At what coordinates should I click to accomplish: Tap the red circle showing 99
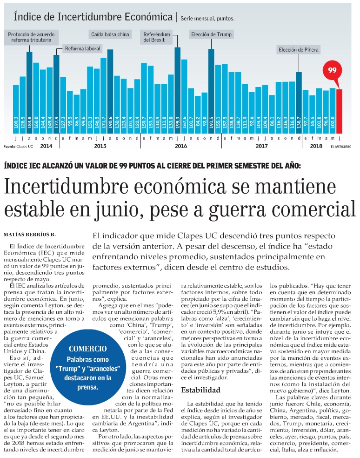click(x=332, y=70)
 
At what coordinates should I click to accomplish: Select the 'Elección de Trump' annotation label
click(x=211, y=35)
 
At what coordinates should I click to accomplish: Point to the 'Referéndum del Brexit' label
click(x=157, y=37)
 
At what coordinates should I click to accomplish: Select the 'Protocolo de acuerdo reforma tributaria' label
click(x=32, y=38)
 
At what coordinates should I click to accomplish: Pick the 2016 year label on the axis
click(x=180, y=146)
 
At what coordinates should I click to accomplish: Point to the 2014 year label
click(x=46, y=146)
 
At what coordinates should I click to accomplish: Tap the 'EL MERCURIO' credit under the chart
click(x=341, y=147)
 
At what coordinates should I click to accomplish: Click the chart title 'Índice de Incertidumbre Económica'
click(x=93, y=17)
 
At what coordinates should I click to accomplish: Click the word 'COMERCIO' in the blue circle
click(x=87, y=348)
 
